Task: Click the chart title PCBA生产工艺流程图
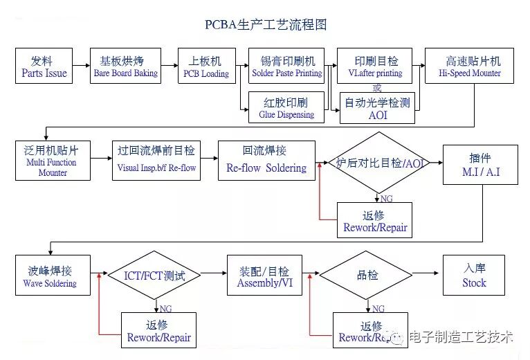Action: [266, 25]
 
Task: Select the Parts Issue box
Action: [44, 66]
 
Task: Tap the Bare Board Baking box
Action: [125, 66]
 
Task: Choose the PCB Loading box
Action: [205, 66]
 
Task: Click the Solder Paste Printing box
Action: [286, 66]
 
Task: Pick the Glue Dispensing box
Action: [286, 108]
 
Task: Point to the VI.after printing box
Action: [376, 66]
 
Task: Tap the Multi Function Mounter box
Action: [53, 161]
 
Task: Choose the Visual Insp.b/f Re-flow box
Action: [156, 161]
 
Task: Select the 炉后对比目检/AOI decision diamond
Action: [377, 163]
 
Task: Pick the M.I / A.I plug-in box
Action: [480, 165]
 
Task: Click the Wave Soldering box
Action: [53, 276]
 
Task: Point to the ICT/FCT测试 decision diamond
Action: [154, 276]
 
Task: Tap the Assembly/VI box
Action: [264, 276]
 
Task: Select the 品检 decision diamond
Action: [367, 276]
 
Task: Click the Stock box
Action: [474, 276]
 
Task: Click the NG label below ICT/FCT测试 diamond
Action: [166, 307]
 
